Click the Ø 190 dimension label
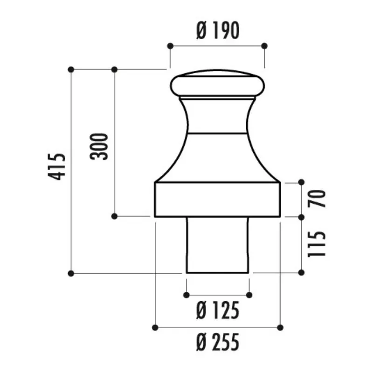click(x=218, y=30)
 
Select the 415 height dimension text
click(x=56, y=167)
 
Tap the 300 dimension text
click(x=99, y=146)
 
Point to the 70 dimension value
click(x=316, y=199)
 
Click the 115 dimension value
click(x=316, y=244)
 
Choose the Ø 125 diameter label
click(x=218, y=311)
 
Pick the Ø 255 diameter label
click(x=218, y=342)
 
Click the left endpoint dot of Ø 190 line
click(x=170, y=46)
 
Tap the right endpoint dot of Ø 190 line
click(x=264, y=46)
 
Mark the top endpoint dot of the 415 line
click(x=71, y=69)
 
